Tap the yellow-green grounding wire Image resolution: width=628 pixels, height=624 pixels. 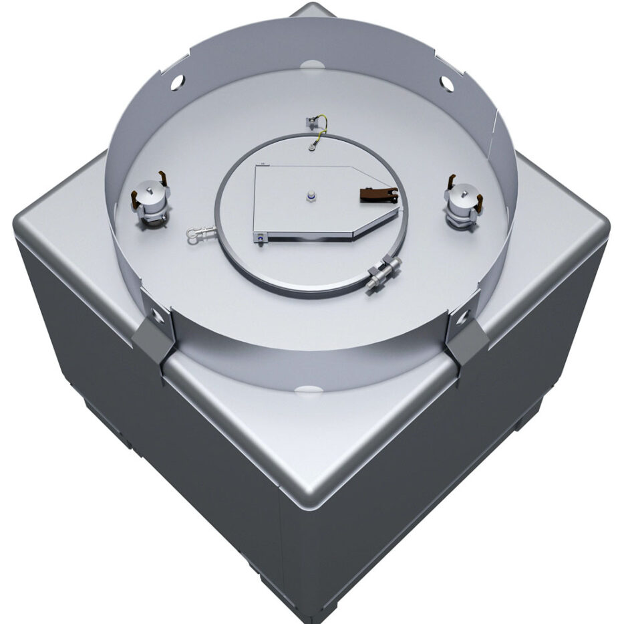click(322, 127)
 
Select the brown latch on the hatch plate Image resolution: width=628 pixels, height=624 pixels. click(378, 195)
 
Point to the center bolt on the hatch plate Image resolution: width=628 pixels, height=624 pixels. click(311, 195)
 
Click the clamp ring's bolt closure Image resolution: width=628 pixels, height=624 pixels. click(382, 273)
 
